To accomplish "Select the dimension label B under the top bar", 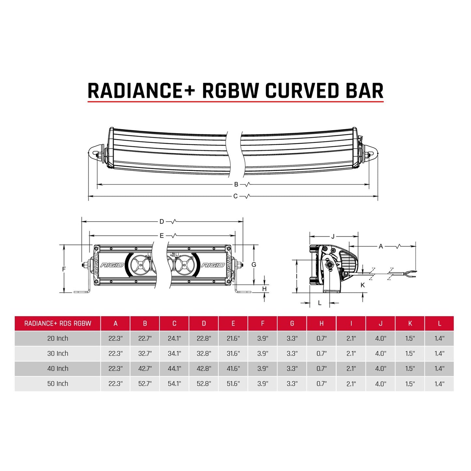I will (x=236, y=184).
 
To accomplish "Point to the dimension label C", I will (x=235, y=196).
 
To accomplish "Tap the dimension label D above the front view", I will (x=162, y=222).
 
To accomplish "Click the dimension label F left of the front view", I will (x=64, y=269).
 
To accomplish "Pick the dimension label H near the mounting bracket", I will (x=264, y=289).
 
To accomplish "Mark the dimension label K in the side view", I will (x=363, y=285).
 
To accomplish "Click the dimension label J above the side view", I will (x=333, y=236).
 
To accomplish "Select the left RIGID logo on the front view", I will (x=112, y=265).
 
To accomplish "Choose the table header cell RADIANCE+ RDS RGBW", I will (x=58, y=323).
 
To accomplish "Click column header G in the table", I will (x=292, y=323).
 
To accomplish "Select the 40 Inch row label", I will (x=58, y=369).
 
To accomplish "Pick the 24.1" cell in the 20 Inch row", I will (x=174, y=338).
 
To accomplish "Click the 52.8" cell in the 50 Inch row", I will (x=204, y=384).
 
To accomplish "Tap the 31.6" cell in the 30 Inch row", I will (x=233, y=354).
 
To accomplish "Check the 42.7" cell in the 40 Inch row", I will (x=145, y=369).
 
